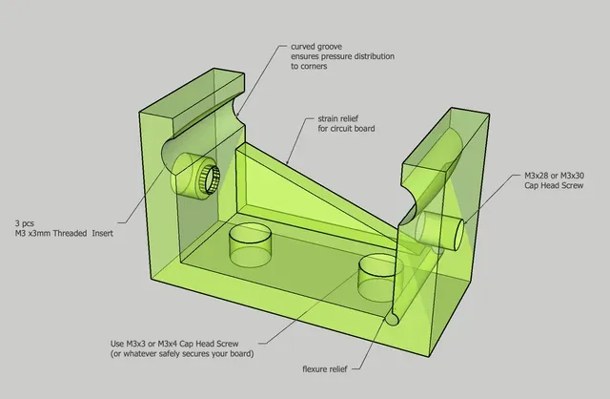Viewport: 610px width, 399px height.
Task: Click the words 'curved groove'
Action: pos(316,47)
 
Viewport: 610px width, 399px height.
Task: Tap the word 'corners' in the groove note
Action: pos(314,66)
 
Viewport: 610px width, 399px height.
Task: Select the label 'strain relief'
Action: pos(337,118)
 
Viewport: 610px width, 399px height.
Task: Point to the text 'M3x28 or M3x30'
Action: pos(554,176)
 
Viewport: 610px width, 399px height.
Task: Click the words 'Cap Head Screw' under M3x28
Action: pos(554,185)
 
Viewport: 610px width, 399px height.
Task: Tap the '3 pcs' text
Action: pos(25,223)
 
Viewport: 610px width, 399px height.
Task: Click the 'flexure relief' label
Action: pos(324,369)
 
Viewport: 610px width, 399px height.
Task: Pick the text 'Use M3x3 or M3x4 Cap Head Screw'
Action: pos(174,344)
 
